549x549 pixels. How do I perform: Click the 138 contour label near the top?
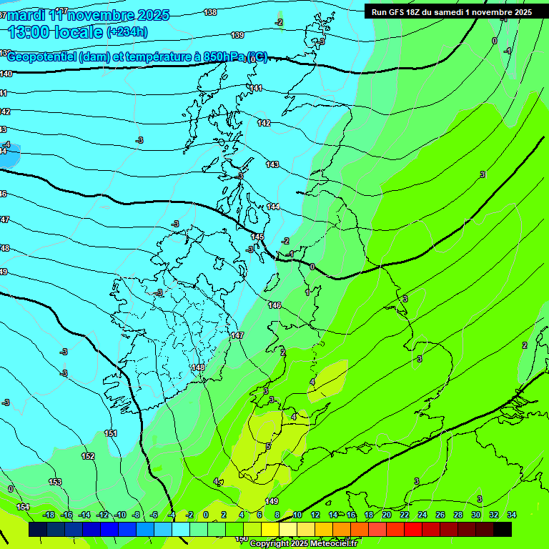(210, 12)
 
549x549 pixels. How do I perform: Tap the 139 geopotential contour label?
(237, 35)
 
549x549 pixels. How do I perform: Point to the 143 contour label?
(272, 165)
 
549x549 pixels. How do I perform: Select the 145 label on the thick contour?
(258, 237)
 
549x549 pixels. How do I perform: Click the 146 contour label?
(274, 305)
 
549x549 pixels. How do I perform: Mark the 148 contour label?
(199, 367)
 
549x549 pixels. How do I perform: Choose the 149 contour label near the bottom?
(272, 501)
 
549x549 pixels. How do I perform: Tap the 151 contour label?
(111, 434)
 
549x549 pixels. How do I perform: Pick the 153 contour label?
(55, 483)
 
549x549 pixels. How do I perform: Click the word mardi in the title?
(29, 15)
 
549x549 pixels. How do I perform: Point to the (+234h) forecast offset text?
(127, 31)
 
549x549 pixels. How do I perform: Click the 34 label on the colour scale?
(511, 515)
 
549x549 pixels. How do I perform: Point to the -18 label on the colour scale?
(49, 515)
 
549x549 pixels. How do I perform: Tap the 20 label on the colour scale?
(386, 515)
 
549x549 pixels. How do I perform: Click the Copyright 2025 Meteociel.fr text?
(303, 543)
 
